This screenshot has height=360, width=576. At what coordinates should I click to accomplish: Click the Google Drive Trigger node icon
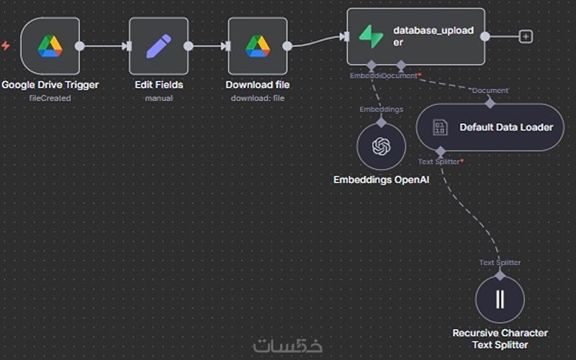pos(50,46)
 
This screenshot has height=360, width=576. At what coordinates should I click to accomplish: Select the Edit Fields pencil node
pos(158,46)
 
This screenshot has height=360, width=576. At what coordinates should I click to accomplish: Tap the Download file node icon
pos(258,46)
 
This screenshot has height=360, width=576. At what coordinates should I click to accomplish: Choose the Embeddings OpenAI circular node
pos(381,146)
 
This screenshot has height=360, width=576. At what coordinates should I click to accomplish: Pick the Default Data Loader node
pos(490,127)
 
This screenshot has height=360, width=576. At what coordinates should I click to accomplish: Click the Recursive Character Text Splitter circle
pos(500,299)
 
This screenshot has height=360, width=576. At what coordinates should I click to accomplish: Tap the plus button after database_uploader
pos(526,36)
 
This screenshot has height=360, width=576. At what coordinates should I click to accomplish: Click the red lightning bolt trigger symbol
pos(6,46)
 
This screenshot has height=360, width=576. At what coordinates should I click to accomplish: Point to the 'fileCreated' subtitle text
pos(50,98)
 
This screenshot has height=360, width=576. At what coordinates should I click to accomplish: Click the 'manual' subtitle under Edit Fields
pos(158,98)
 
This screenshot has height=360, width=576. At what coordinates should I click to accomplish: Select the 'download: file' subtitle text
pos(258,98)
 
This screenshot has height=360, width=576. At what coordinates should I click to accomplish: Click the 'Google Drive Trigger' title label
pos(50,85)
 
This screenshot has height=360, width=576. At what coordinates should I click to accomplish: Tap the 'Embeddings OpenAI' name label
pos(381,179)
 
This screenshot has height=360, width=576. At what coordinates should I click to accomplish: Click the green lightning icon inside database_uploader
pos(371,37)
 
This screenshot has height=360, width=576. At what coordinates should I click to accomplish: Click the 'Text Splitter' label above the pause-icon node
pos(500,263)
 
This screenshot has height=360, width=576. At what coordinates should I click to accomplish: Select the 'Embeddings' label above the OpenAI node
pos(381,109)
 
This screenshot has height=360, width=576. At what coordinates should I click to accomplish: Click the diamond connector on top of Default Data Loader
pos(490,103)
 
